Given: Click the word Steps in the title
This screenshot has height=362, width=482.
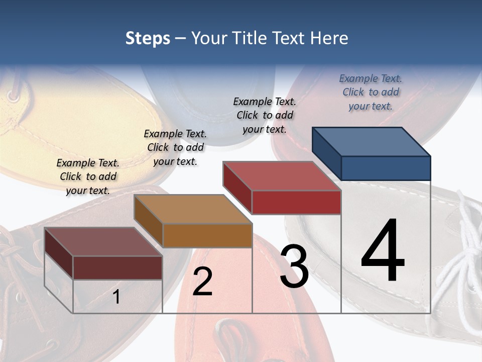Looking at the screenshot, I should point(148,38).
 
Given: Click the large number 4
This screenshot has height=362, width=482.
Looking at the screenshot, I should point(383,251).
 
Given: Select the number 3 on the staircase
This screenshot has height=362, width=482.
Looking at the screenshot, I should point(294,266).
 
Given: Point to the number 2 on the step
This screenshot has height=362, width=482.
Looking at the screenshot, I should point(202,282).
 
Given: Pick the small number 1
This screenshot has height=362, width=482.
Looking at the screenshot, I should point(116,297).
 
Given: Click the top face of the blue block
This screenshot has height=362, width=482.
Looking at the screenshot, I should point(372,141).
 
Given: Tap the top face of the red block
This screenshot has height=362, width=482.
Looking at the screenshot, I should point(282,176).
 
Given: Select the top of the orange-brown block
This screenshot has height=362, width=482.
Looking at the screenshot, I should point(193,209).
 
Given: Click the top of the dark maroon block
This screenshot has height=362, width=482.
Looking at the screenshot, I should point(103,242).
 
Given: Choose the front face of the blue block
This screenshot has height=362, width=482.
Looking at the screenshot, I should point(386,168).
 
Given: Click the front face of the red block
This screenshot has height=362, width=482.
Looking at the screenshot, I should point(296,202).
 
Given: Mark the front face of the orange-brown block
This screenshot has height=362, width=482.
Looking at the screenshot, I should point(207,235).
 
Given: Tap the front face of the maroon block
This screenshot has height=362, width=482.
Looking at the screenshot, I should point(117,267).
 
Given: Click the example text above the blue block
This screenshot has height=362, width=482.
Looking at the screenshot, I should point(371,93).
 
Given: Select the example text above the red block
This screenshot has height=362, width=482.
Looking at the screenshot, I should point(265,115).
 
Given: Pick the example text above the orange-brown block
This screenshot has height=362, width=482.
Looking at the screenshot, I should point(175,147).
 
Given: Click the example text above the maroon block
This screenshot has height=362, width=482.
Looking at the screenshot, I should point(88,176).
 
